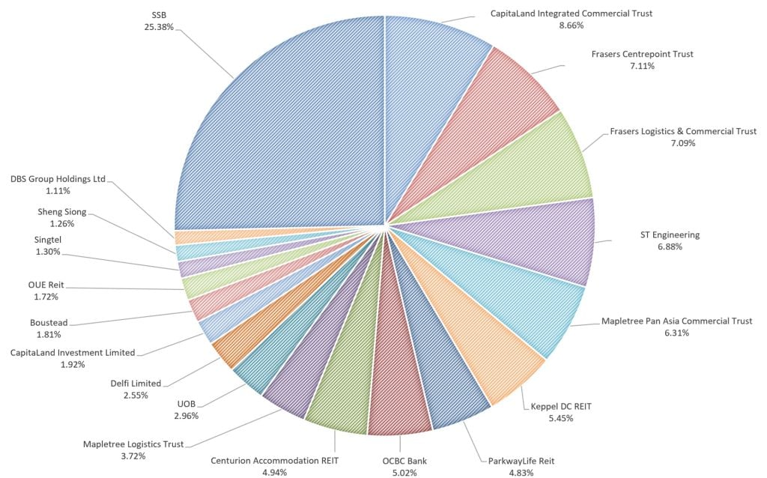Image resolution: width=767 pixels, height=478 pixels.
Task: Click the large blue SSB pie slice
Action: tap(285, 127)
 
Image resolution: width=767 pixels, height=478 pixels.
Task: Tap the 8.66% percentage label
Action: tap(572, 25)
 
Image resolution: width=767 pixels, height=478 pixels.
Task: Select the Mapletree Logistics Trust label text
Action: tap(133, 444)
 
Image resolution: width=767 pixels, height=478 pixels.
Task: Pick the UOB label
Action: tap(187, 404)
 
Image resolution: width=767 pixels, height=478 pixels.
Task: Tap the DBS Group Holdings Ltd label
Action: tap(58, 179)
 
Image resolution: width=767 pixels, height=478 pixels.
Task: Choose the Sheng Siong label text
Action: tap(61, 211)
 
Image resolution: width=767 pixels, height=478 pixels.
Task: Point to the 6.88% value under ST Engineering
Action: tap(670, 246)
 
